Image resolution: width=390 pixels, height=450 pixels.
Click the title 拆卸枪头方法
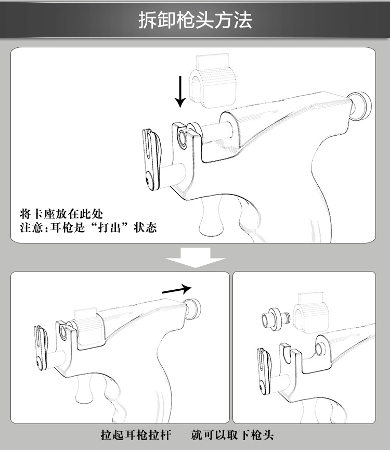click(195, 20)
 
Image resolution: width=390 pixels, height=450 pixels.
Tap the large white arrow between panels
click(195, 257)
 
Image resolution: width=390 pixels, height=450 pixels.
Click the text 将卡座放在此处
click(61, 214)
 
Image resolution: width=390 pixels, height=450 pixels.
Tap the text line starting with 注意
click(87, 228)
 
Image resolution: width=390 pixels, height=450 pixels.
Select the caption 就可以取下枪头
click(232, 434)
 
